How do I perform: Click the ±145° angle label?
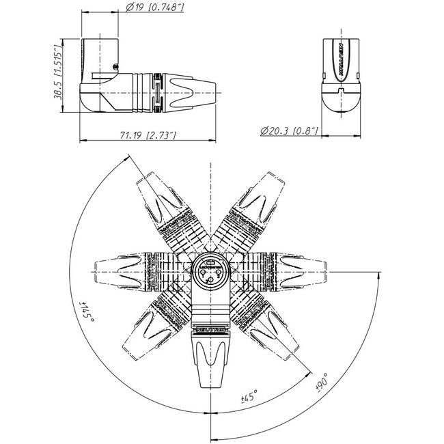tap(85, 311)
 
